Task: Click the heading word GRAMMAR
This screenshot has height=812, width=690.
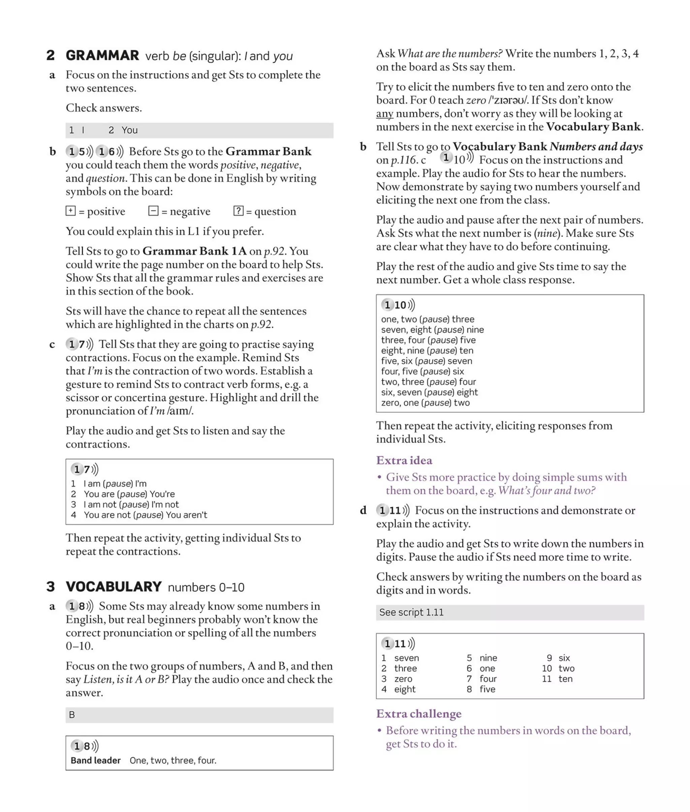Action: point(102,56)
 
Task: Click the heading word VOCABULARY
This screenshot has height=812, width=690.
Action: point(114,587)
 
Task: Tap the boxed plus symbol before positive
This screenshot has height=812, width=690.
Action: point(70,211)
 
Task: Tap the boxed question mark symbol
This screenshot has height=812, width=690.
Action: point(238,211)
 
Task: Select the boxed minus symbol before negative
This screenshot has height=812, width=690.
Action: point(153,211)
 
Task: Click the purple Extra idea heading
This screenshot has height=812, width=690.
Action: point(404,460)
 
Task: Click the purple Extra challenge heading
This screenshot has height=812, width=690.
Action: point(418,714)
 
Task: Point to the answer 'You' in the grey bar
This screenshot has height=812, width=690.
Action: point(129,130)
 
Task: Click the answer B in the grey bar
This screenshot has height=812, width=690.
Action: point(72,715)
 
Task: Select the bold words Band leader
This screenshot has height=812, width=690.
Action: point(95,760)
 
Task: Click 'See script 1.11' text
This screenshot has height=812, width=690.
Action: point(411,613)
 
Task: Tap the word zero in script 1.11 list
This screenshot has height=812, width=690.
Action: point(403,679)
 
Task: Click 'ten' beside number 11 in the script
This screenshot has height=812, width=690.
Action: point(565,679)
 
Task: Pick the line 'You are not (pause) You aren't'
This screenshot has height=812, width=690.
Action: point(145,515)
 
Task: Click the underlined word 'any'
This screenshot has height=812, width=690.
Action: point(384,114)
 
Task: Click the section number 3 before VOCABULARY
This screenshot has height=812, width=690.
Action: point(51,587)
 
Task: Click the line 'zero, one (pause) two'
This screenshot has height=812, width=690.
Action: point(425,403)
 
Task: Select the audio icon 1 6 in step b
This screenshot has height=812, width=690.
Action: point(109,151)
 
